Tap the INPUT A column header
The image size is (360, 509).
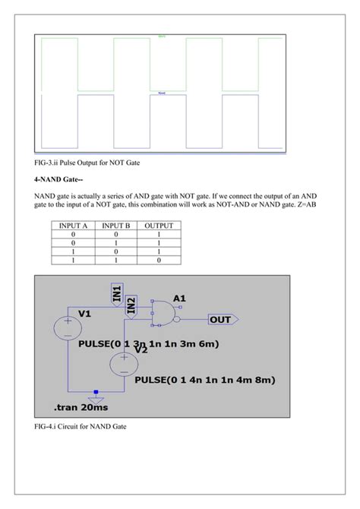(74, 226)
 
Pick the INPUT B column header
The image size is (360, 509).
(117, 226)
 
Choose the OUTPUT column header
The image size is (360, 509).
(159, 226)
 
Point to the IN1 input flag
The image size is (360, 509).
(117, 294)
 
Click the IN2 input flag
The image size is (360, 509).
(131, 305)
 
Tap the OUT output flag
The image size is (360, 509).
(222, 320)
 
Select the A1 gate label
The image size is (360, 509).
(180, 299)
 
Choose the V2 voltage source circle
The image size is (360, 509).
(120, 365)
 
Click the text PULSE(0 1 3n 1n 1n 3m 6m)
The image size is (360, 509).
(149, 344)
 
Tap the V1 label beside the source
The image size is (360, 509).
(85, 314)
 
